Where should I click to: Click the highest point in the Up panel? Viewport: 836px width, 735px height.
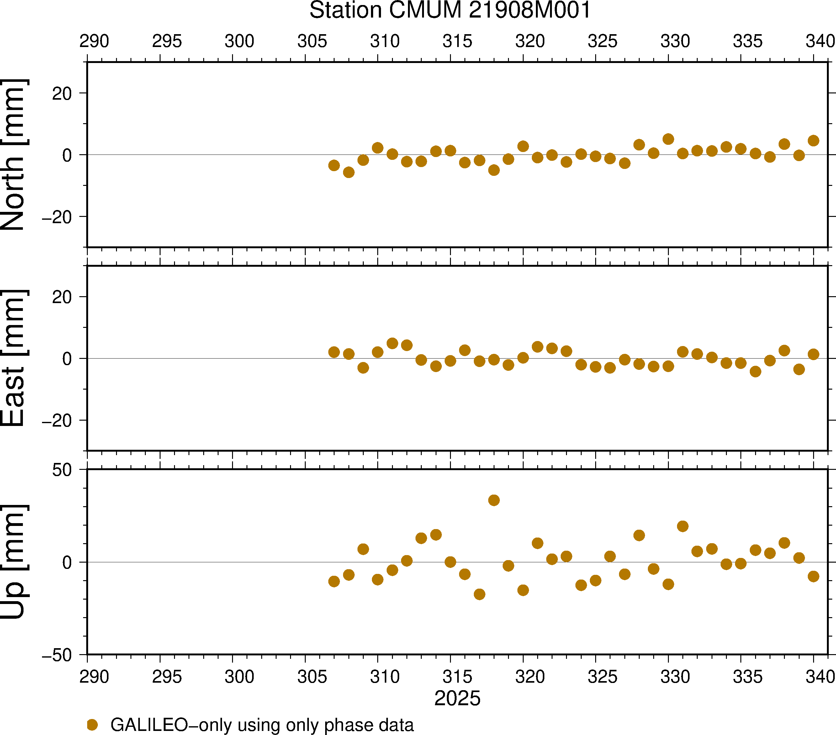(494, 500)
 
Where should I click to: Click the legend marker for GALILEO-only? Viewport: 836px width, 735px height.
(93, 725)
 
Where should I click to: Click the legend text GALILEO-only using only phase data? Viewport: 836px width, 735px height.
(262, 725)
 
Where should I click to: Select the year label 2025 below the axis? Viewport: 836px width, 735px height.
(457, 698)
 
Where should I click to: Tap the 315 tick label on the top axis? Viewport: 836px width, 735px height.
(457, 41)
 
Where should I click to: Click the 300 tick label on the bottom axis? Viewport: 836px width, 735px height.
(239, 676)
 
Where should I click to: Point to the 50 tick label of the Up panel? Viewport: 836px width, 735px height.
(62, 470)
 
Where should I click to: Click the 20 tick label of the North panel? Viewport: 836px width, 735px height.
(62, 94)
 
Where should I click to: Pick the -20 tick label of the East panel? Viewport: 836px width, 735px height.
(56, 420)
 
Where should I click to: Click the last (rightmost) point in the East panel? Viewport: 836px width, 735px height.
(813, 354)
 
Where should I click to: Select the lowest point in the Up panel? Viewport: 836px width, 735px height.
(479, 594)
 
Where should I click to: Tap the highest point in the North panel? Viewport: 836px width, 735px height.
(668, 139)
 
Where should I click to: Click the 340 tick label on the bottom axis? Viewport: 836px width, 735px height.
(820, 676)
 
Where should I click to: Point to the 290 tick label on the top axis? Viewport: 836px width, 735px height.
(94, 41)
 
